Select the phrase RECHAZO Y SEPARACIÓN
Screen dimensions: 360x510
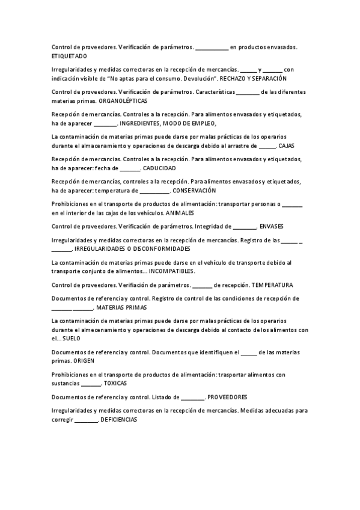coord(252,78)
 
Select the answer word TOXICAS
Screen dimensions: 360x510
coord(115,382)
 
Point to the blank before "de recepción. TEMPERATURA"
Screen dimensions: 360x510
coord(202,284)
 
